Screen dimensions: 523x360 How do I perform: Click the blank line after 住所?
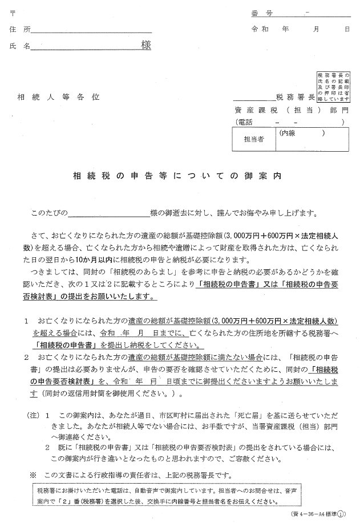point(92,30)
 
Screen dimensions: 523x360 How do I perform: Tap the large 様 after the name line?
point(146,46)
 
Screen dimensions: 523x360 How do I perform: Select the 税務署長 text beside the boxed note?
point(295,98)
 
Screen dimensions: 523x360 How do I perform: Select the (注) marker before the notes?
point(33,416)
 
